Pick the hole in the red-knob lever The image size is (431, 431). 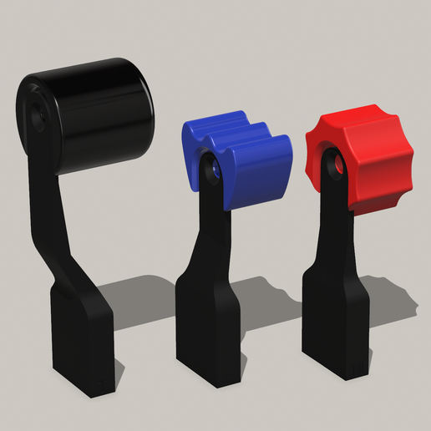click(338, 166)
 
